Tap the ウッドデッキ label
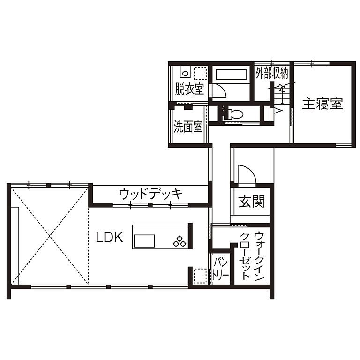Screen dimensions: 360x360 pyautogui.click(x=150, y=193)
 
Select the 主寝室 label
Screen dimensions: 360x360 pyautogui.click(x=322, y=104)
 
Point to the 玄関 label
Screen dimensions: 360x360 pyautogui.click(x=252, y=202)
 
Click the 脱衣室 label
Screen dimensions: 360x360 pyautogui.click(x=189, y=89)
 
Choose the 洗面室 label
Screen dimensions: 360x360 pyautogui.click(x=188, y=127)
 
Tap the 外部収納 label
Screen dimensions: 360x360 pyautogui.click(x=271, y=73)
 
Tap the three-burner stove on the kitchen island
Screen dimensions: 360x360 pyautogui.click(x=180, y=241)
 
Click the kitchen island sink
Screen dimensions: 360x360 pyautogui.click(x=144, y=240)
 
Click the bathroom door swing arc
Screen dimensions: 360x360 pyautogui.click(x=218, y=90)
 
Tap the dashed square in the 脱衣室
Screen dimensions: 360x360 pyautogui.click(x=201, y=74)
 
